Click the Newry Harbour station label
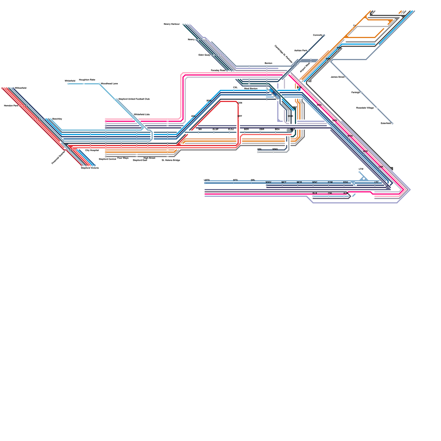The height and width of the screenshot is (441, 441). [171, 24]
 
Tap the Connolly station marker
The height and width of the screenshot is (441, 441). [324, 35]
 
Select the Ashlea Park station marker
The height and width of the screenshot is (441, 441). [309, 51]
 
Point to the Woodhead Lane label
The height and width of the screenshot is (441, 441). [109, 84]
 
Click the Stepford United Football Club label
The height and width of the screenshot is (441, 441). [134, 99]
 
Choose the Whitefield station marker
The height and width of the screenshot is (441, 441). [68, 84]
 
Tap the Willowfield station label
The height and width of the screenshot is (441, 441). [21, 88]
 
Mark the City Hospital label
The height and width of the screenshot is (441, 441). [92, 150]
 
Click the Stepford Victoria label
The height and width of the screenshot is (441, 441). [90, 168]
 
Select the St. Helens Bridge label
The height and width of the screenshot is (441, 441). [171, 160]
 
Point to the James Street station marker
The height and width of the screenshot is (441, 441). [346, 77]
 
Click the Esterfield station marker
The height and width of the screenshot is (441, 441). [392, 123]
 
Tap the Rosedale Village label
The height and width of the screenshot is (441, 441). [365, 108]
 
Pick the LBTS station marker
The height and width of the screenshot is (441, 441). [205, 183]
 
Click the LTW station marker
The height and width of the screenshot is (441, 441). [359, 172]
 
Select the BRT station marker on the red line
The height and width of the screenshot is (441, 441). [238, 119]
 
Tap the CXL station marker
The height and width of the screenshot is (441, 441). [234, 90]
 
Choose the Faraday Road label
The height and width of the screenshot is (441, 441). [218, 71]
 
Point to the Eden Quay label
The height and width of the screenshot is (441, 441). [204, 55]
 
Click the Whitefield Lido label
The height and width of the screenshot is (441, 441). [142, 114]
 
